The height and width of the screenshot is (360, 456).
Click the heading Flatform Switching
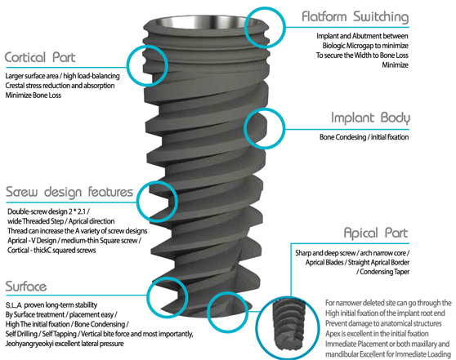355,17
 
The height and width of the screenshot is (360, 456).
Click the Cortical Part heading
40,57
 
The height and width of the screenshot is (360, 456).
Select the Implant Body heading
370,118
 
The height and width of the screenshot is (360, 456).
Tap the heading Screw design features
69,192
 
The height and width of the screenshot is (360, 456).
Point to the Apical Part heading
376,233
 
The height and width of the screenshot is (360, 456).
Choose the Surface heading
26,287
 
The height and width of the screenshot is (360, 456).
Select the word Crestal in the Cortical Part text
16,86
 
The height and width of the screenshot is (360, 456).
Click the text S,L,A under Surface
14,305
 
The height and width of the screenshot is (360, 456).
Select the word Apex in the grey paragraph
333,334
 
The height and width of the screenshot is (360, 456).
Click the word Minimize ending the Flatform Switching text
395,64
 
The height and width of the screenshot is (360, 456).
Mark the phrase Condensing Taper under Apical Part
384,272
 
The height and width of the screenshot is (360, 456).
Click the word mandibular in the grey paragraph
342,354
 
